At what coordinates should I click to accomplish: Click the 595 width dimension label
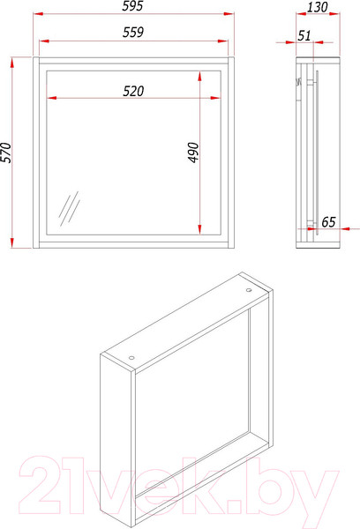[132, 6]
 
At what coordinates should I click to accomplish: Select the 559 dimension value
[133, 32]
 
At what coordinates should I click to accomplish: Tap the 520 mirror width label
[133, 91]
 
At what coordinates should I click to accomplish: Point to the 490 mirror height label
[193, 153]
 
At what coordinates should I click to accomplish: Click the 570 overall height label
[6, 153]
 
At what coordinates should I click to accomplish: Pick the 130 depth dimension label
[318, 7]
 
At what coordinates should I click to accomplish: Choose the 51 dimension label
[304, 35]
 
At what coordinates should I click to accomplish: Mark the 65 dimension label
[328, 222]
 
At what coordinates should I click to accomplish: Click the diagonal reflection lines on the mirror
[69, 208]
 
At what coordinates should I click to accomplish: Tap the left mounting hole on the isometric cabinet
[131, 358]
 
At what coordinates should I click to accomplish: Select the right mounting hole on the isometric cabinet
[249, 290]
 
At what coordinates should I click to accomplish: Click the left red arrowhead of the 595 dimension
[38, 14]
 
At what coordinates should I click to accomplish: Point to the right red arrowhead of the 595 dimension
[229, 14]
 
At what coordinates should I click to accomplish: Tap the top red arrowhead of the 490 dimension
[200, 77]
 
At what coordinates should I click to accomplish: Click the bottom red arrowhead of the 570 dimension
[12, 243]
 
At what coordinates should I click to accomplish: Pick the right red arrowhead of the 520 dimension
[215, 98]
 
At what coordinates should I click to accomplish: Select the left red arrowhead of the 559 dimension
[44, 41]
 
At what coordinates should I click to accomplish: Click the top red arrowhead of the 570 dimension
[12, 63]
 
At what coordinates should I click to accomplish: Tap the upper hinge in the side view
[311, 82]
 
